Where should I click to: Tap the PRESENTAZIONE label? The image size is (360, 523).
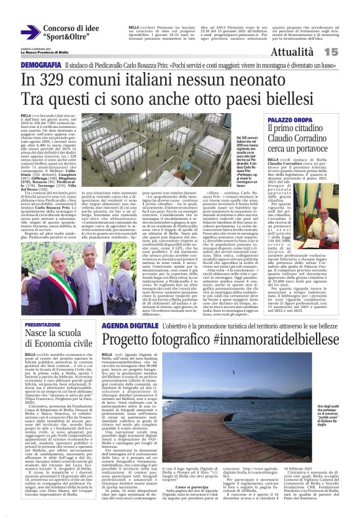(x=43, y=324)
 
